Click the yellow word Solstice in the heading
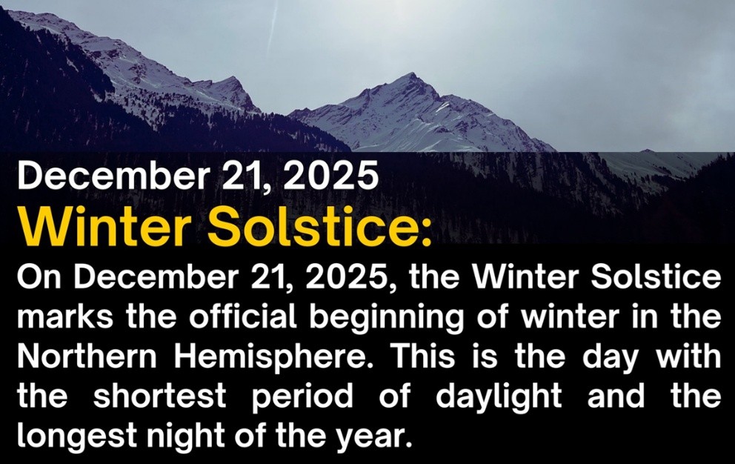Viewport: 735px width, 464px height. tap(319, 226)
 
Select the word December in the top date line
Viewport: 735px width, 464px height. tap(113, 174)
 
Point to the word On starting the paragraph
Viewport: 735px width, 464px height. tap(39, 277)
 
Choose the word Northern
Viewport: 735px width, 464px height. tap(87, 357)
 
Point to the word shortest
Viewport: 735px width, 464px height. tap(160, 396)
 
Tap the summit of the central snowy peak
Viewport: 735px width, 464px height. tap(413, 73)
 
